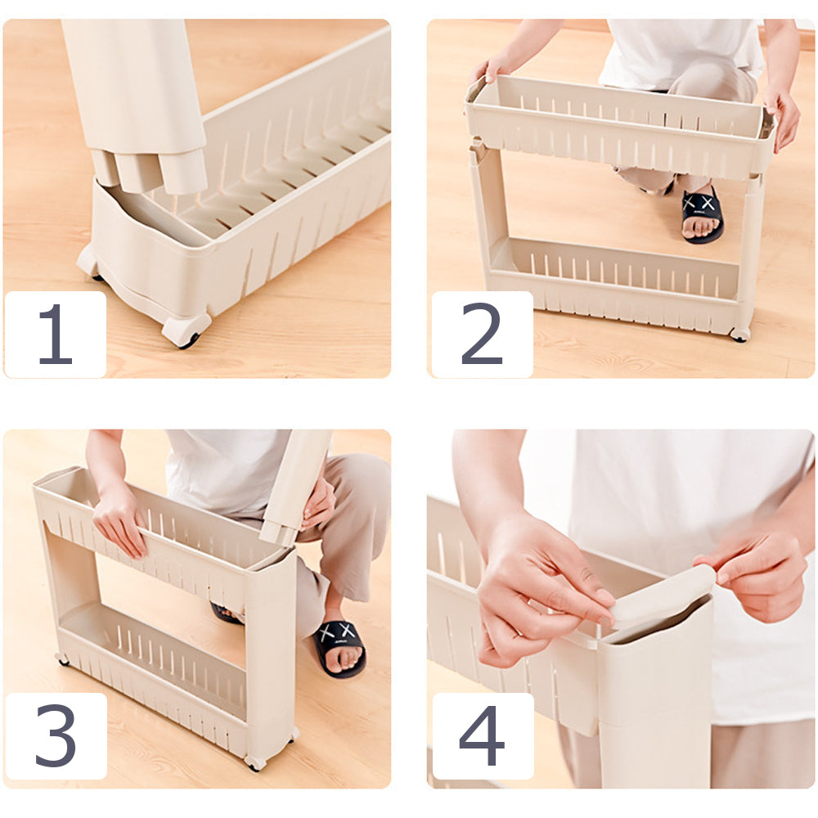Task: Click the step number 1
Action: (x=56, y=334)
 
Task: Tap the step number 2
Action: (x=482, y=333)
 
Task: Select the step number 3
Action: (x=56, y=735)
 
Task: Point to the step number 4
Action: (x=482, y=735)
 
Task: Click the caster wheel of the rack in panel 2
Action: (x=740, y=334)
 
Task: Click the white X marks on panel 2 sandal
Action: (x=699, y=203)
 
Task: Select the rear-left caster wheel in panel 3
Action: (x=63, y=660)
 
